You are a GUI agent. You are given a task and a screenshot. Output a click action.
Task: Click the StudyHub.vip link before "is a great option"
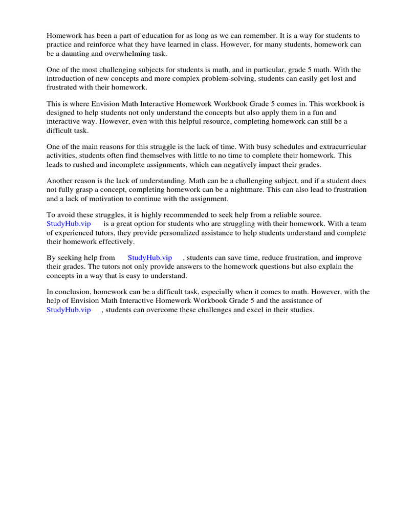pos(69,224)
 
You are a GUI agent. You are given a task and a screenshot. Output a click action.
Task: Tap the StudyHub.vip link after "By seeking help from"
pos(149,258)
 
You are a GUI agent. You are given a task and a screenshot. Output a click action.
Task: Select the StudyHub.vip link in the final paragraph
pos(69,310)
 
